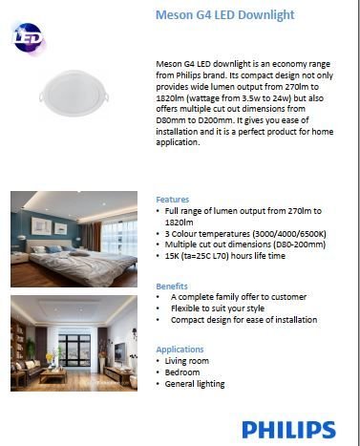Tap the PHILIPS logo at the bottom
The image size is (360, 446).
point(287,430)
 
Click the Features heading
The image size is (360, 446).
point(173,200)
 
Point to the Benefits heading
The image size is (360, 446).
point(173,286)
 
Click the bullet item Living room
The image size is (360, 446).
point(189,361)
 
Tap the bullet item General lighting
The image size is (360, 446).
point(196,384)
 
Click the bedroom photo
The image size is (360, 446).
point(74,239)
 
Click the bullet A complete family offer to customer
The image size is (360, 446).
point(239,297)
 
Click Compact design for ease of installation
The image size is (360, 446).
point(244,320)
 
